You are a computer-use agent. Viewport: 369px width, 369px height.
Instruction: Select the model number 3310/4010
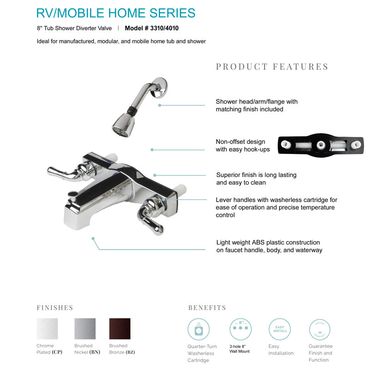click(152, 28)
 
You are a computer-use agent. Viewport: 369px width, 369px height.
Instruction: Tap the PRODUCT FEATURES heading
click(272, 67)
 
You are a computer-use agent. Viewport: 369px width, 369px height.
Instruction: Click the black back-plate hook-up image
click(319, 144)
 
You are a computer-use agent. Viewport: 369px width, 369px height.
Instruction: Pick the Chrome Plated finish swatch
click(47, 329)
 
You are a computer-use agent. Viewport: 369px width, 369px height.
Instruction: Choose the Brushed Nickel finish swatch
click(85, 329)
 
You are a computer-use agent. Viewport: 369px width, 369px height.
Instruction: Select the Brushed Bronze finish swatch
click(119, 329)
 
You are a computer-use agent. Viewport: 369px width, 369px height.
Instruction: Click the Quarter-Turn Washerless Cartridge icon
click(199, 329)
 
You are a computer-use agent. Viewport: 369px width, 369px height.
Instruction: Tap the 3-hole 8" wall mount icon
click(240, 329)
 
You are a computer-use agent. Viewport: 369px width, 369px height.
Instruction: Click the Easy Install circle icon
click(280, 329)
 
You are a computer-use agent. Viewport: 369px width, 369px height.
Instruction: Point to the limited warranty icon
click(320, 329)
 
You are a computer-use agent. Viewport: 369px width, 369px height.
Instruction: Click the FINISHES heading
click(55, 308)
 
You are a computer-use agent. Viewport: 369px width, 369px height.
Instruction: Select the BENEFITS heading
click(207, 308)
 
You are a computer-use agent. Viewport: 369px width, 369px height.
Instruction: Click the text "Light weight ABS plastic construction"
click(268, 243)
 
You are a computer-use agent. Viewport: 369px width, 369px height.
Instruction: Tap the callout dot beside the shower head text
click(160, 105)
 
